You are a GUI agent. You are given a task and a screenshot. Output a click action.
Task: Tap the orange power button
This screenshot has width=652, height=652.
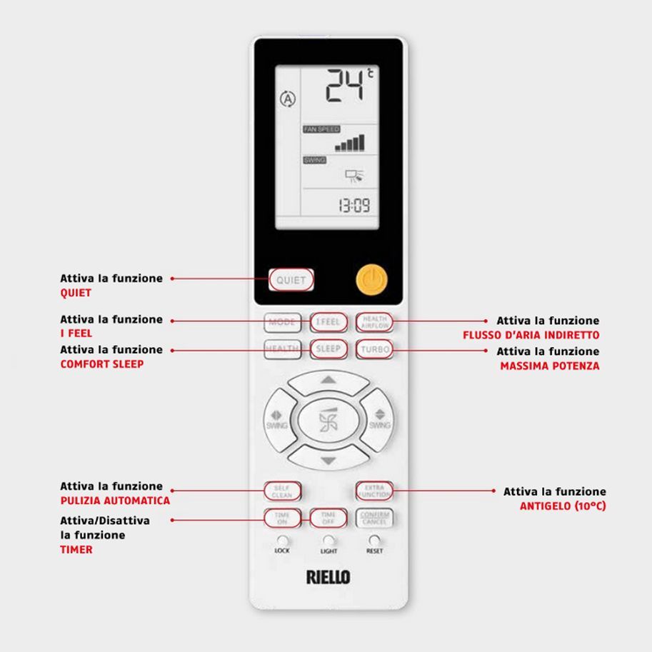[x=370, y=280]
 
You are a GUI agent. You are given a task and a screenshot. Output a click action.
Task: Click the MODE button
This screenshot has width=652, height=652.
[x=281, y=322]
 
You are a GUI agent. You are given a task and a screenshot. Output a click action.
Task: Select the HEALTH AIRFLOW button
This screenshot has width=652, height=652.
[x=374, y=322]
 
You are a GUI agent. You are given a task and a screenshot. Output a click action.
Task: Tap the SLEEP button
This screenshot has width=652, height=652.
[x=328, y=350]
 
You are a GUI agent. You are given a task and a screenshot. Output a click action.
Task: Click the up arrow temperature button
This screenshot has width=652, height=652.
[x=328, y=380]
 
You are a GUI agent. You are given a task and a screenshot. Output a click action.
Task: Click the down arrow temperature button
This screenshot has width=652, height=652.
[x=328, y=461]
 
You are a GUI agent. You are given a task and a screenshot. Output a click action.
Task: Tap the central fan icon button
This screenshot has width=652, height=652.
[x=328, y=421]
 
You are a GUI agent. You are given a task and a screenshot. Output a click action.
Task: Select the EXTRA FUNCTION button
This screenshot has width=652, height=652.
[x=374, y=491]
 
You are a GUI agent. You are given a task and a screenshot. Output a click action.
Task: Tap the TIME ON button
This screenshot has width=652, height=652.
[x=281, y=518]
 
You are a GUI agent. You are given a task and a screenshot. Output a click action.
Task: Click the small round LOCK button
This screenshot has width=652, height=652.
[x=283, y=541]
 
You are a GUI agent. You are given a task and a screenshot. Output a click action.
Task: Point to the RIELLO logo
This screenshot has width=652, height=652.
[x=328, y=576]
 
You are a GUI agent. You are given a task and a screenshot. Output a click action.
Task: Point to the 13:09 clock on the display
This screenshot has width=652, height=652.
[x=353, y=207]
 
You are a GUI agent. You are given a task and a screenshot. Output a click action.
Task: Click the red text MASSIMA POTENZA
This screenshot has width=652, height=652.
[x=550, y=366]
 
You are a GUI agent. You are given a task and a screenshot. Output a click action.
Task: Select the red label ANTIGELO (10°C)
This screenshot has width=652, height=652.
[x=563, y=506]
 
